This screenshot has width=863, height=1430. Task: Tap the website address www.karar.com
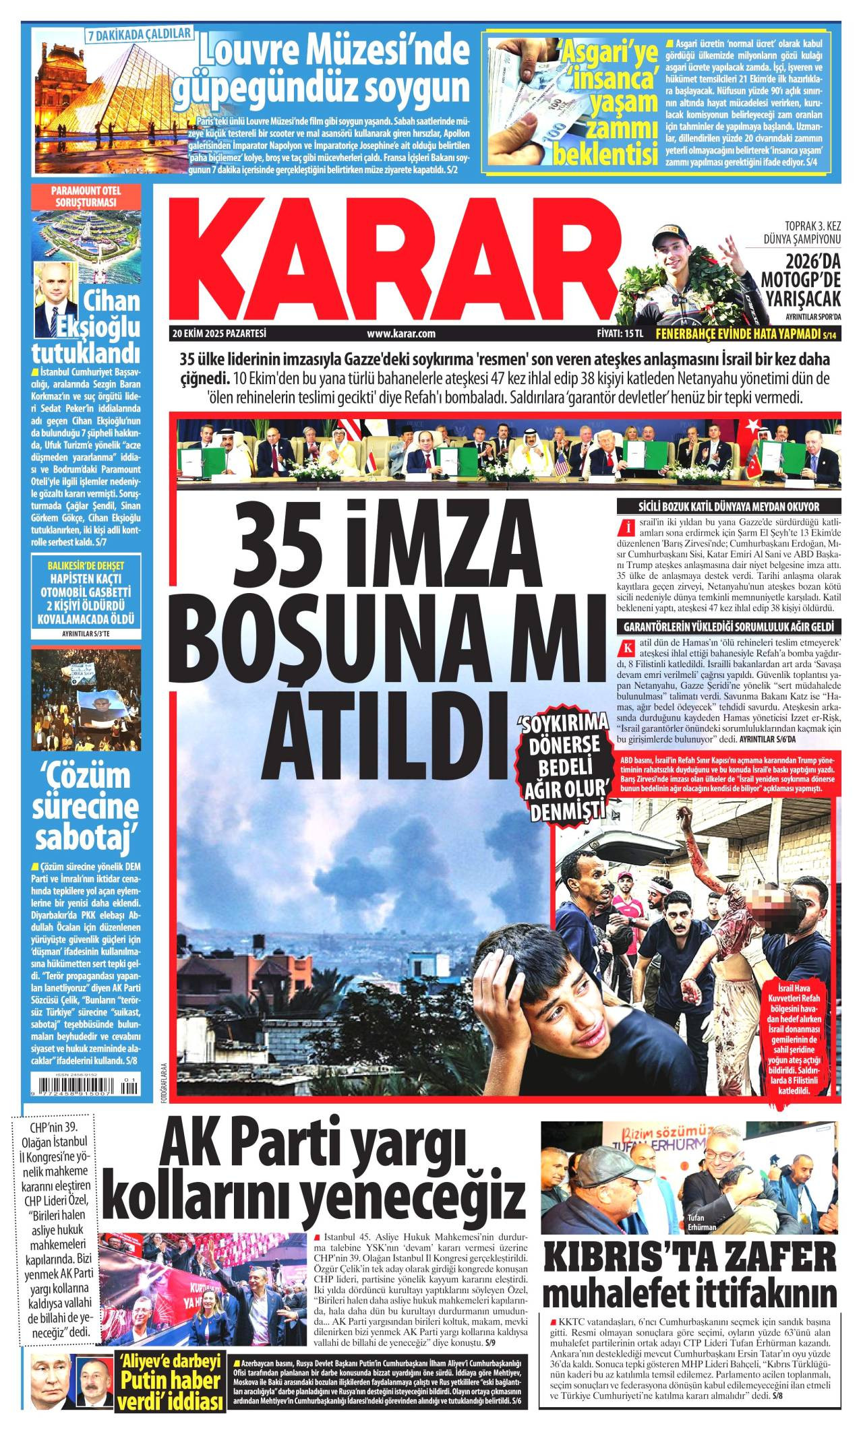tap(400, 333)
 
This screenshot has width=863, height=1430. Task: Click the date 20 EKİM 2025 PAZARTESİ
tap(220, 333)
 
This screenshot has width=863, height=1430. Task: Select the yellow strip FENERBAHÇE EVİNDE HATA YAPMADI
tap(743, 334)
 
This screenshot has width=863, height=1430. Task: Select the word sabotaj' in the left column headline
tap(88, 837)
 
